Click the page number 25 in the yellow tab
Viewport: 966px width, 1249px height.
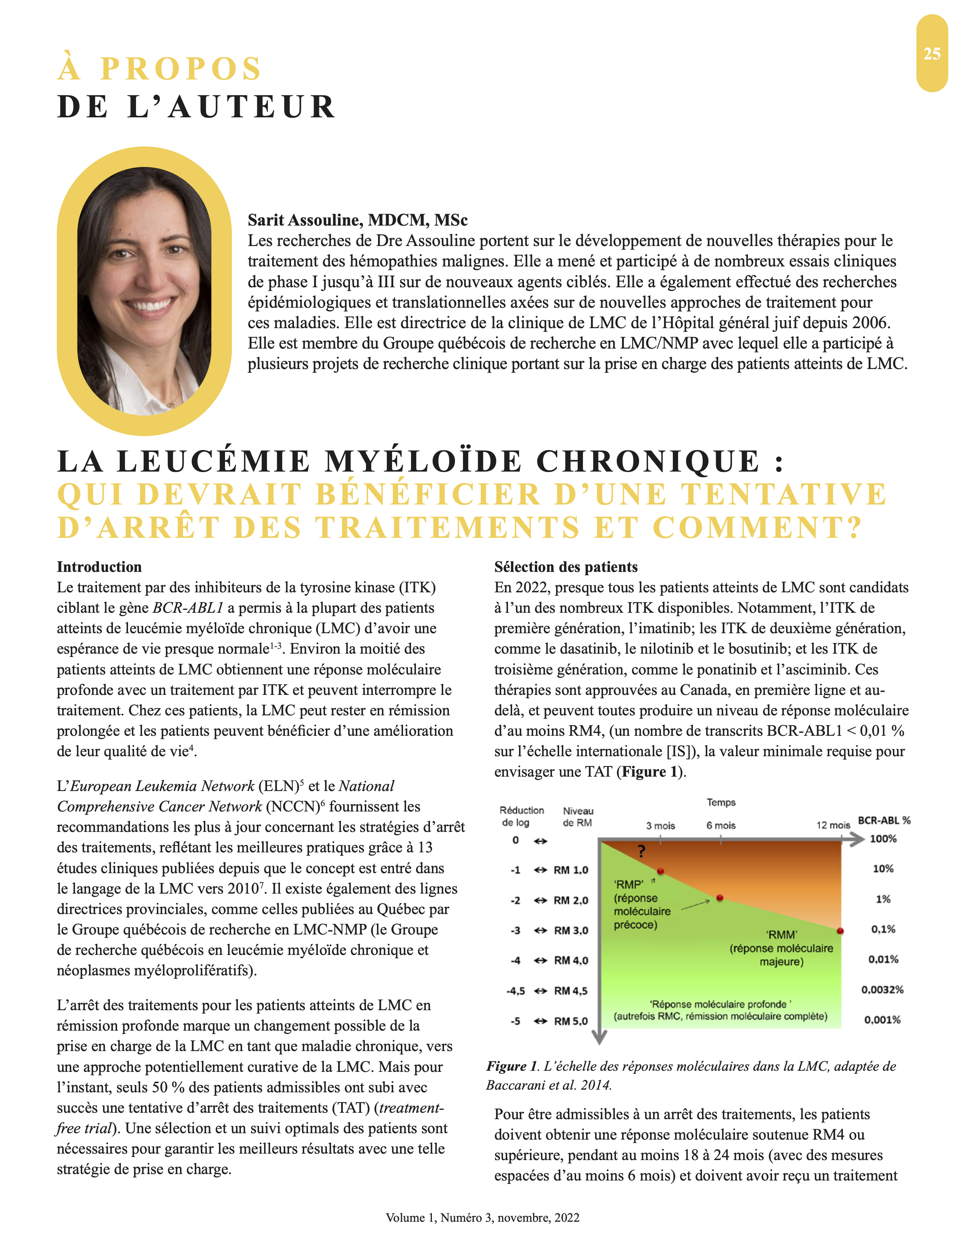click(932, 54)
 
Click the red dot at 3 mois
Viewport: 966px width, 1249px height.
click(660, 871)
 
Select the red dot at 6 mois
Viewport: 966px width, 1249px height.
click(720, 898)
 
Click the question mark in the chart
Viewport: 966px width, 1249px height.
click(641, 852)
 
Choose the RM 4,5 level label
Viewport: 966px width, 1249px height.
click(571, 990)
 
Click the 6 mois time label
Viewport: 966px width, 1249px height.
click(721, 825)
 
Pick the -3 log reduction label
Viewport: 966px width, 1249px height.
click(516, 930)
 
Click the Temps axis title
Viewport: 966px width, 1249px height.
click(721, 802)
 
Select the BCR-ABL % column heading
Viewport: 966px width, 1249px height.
click(883, 820)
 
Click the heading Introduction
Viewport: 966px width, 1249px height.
click(99, 567)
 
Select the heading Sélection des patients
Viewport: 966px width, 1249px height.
click(566, 567)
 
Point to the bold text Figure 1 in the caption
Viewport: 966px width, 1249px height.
click(512, 1066)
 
